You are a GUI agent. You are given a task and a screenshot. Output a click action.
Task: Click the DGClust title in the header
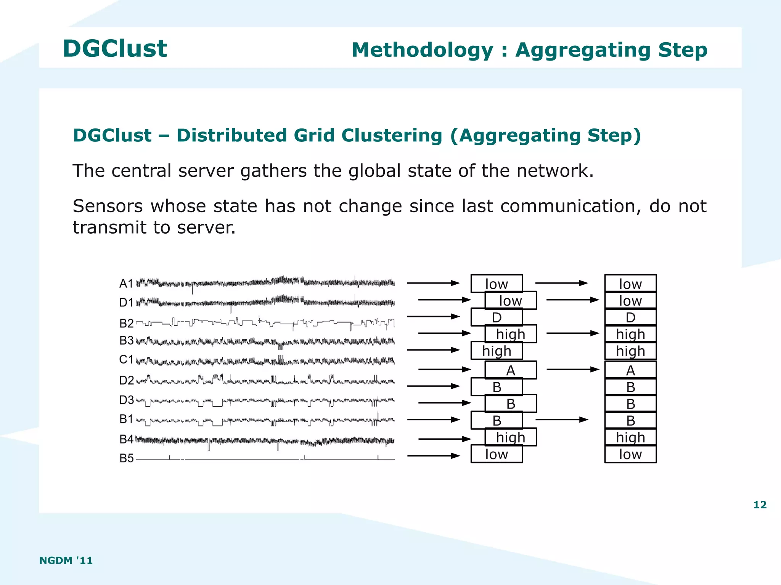[115, 49]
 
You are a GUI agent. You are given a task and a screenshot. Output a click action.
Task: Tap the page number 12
[760, 505]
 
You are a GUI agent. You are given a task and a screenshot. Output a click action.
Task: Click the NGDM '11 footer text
[66, 560]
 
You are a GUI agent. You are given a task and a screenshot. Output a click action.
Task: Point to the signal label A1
[126, 284]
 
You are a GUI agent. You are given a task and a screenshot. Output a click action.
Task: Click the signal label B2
[126, 324]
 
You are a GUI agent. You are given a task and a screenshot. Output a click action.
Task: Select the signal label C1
[126, 359]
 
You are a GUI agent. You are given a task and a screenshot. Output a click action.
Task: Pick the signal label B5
[126, 458]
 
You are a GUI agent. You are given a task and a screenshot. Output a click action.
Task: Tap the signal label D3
[126, 400]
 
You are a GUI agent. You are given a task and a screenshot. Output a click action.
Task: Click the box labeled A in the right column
[630, 370]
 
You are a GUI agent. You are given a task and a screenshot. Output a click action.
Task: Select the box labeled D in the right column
[630, 317]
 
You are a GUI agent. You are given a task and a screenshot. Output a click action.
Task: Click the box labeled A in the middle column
[510, 370]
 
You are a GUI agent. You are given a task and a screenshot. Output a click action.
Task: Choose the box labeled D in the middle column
[497, 317]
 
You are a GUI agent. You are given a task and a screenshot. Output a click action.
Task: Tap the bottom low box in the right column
[630, 454]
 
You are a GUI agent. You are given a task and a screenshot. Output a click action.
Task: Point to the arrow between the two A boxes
[572, 369]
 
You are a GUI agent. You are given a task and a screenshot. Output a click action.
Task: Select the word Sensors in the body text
[108, 206]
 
